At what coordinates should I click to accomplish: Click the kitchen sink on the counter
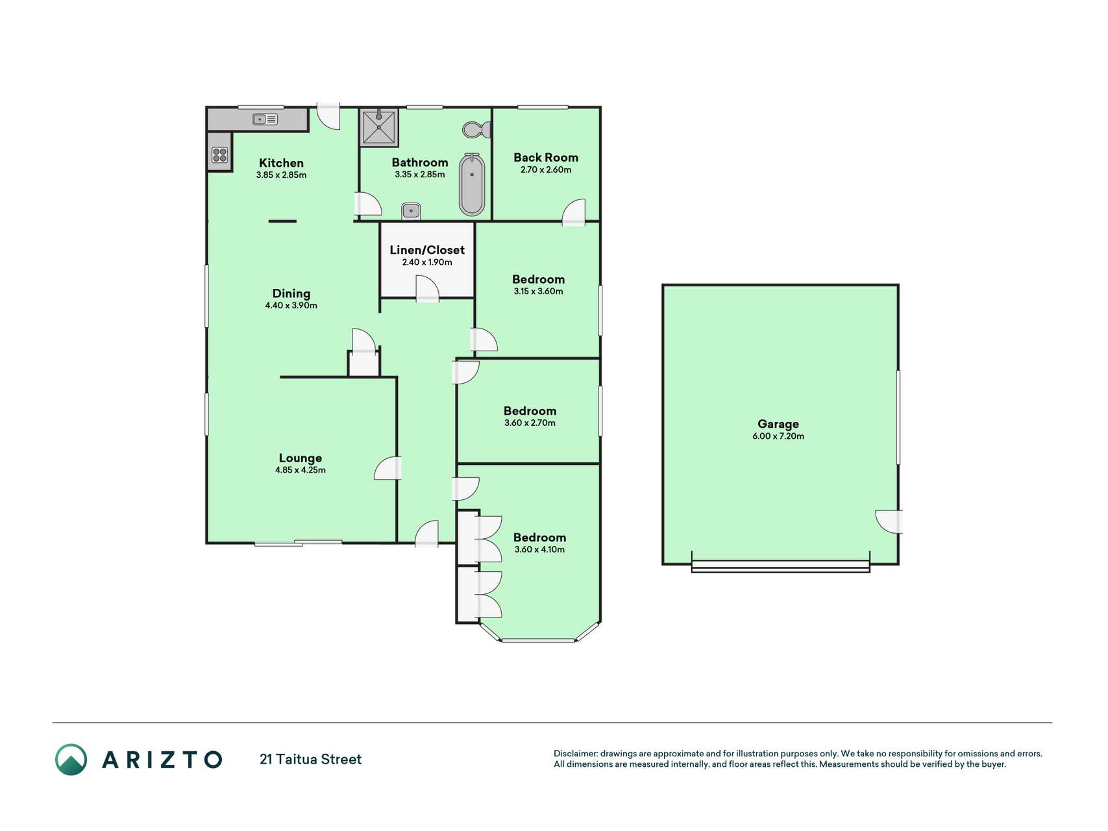click(265, 119)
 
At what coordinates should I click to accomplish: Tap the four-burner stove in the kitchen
click(219, 155)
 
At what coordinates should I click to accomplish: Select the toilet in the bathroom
click(477, 129)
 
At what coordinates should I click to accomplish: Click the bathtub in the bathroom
click(472, 184)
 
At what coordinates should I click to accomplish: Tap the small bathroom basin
click(411, 211)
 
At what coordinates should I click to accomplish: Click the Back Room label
click(546, 158)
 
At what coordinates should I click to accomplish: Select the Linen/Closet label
click(427, 250)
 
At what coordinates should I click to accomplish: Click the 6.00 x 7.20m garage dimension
click(778, 436)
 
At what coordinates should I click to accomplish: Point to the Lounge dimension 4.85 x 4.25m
click(301, 470)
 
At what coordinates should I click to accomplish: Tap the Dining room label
click(291, 293)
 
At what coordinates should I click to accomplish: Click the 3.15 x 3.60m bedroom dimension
click(539, 291)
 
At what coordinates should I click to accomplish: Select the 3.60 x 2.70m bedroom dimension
click(530, 423)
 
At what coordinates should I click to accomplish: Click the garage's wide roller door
click(780, 566)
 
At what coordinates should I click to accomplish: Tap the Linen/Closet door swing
click(427, 289)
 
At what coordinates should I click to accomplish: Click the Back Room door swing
click(574, 212)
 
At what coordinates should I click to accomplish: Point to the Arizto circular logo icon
click(71, 760)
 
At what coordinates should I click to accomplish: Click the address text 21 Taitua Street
click(311, 760)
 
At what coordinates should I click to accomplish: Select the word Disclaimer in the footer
click(576, 754)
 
